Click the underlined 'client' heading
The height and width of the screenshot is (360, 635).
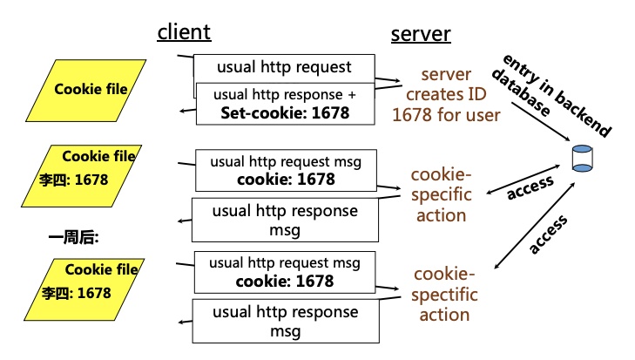[184, 32]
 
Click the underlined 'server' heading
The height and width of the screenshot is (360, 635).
[420, 34]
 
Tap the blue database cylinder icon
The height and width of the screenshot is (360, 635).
[581, 158]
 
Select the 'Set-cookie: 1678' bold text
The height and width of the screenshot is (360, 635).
[284, 112]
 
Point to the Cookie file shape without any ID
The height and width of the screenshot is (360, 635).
[90, 89]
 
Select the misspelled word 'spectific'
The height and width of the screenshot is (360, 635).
[444, 295]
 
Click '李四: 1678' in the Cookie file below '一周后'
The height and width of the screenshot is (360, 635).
[75, 293]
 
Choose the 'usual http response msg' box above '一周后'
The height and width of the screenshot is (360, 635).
[285, 220]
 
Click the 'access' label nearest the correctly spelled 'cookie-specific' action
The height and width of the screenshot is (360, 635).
[530, 186]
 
